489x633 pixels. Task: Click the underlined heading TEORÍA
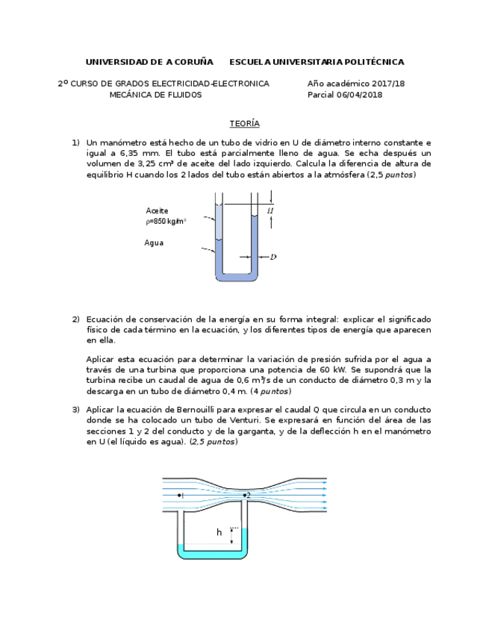coord(244,124)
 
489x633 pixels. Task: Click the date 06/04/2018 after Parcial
coord(359,95)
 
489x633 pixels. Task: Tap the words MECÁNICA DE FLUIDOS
coord(155,95)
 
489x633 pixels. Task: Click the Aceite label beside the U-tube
coord(157,211)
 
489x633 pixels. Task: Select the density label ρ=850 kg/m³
coord(166,221)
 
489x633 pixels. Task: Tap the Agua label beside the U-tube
coord(154,243)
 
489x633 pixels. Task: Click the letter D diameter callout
coord(273,258)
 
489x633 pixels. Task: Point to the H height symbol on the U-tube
coord(270,211)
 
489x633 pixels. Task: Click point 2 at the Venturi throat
coord(246,494)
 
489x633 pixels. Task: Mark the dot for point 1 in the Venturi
coord(181,494)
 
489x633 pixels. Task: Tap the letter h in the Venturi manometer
coord(219,532)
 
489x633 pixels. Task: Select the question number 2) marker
coord(75,319)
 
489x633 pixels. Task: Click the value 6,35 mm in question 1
coord(127,153)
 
